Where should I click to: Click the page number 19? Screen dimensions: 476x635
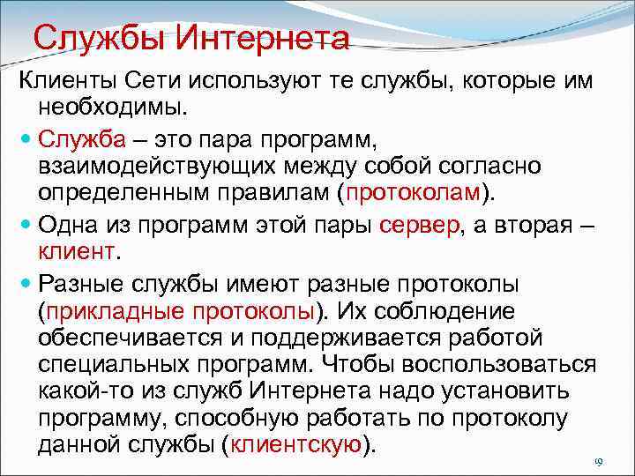click(x=597, y=463)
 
